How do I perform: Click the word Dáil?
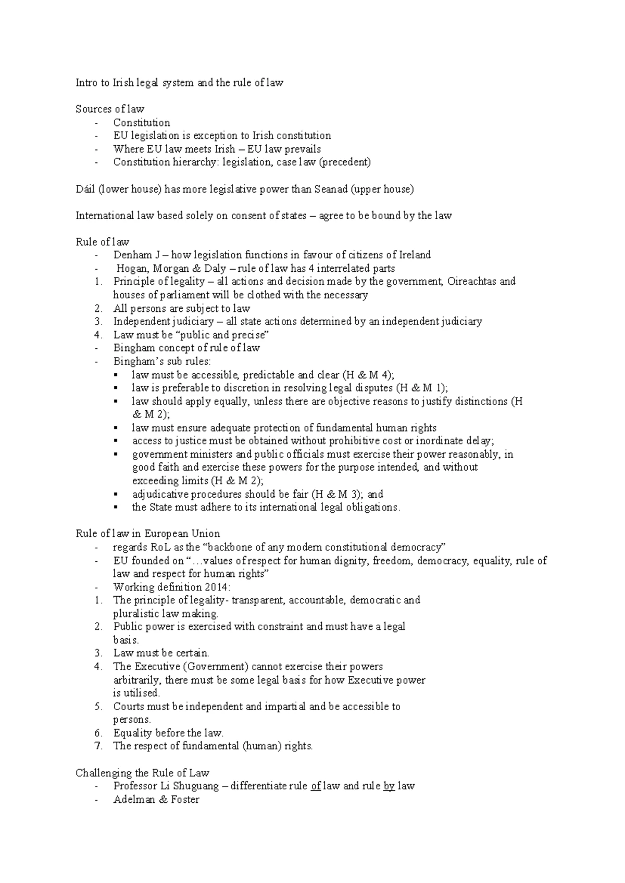(x=84, y=189)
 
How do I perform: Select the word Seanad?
(x=331, y=189)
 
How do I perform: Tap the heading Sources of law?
(x=109, y=109)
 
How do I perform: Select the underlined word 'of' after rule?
(x=316, y=786)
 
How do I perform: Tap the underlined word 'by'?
(x=389, y=786)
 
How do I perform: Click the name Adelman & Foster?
(x=156, y=799)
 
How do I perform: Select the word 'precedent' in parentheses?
(x=345, y=162)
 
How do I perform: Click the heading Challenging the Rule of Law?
(x=142, y=773)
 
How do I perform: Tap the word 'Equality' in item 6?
(x=133, y=733)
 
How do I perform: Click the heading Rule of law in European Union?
(x=147, y=534)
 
